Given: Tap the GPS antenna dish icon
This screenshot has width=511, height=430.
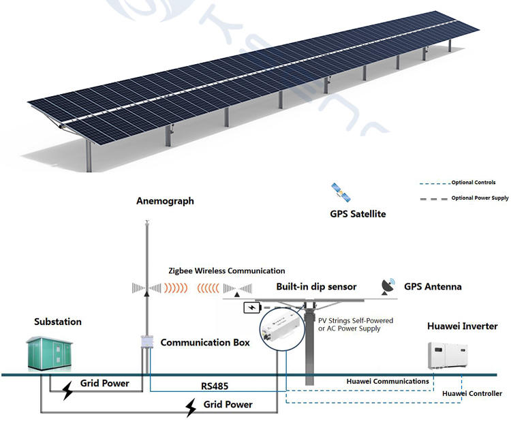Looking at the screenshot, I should coord(389,287).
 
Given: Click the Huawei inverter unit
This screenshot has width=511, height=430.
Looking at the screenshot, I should coord(448,356).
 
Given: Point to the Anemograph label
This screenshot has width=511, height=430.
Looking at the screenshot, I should coord(165,201).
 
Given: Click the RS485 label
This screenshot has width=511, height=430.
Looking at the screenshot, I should coord(215,386).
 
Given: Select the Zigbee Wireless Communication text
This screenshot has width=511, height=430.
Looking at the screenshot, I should coord(227,271).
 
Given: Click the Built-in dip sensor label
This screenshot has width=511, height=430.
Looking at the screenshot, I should coord(316,287).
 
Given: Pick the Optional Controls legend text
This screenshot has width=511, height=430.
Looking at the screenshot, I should coord(474,183).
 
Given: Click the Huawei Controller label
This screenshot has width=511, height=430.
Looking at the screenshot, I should coord(472,393).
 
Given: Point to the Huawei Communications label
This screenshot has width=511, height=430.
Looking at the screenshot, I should coord(387,381).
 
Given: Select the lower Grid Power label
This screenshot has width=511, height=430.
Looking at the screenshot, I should coord(228,404).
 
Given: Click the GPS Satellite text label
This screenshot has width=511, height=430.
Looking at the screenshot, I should coord(358,214).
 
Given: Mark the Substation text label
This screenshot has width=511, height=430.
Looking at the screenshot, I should coord(58,322).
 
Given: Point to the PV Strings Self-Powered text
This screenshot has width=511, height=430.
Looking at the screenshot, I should coord(355,320).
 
